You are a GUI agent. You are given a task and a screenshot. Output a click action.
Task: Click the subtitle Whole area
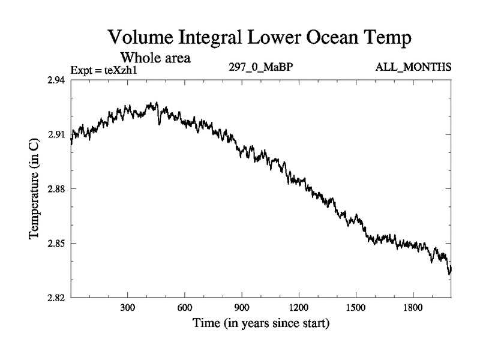155,58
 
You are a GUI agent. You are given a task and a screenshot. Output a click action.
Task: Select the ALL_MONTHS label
413,67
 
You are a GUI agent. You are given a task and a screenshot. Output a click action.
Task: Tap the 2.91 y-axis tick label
57,134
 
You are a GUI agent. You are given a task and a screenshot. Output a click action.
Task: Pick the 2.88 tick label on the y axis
57,189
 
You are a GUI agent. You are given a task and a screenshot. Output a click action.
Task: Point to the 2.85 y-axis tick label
57,243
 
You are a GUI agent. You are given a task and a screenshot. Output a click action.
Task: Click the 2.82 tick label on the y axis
57,298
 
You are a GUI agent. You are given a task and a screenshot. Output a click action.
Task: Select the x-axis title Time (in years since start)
260,325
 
